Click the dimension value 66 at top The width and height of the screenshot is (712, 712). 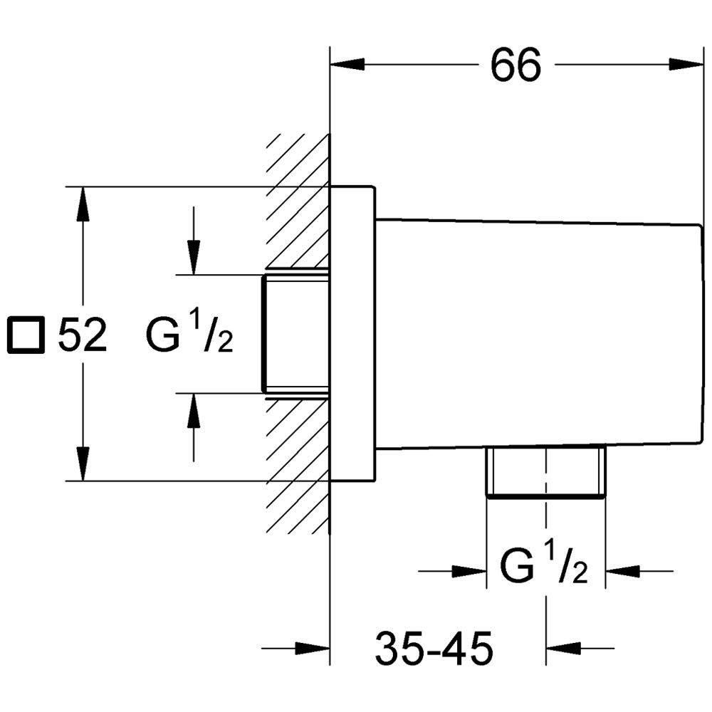[x=515, y=66]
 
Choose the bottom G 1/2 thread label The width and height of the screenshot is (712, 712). [x=544, y=567]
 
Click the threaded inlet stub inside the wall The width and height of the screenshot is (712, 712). [x=295, y=333]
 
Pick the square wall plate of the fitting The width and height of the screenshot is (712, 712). [x=352, y=333]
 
